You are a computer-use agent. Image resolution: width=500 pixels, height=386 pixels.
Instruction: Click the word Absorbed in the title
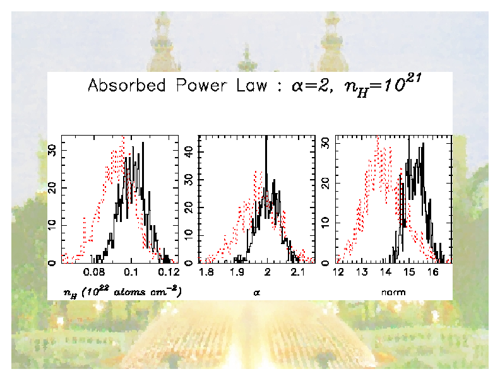126,86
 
